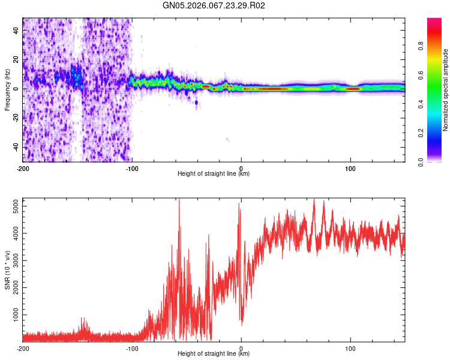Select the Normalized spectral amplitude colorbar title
pos(446,90)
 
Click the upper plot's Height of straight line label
pos(214,173)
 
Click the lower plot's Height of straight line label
pos(214,353)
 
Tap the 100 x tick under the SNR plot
pos(350,349)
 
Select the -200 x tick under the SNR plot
pos(23,349)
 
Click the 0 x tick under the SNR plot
pos(241,349)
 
